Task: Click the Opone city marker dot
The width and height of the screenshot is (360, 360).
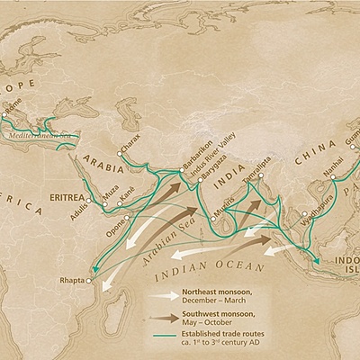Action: [129, 217]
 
